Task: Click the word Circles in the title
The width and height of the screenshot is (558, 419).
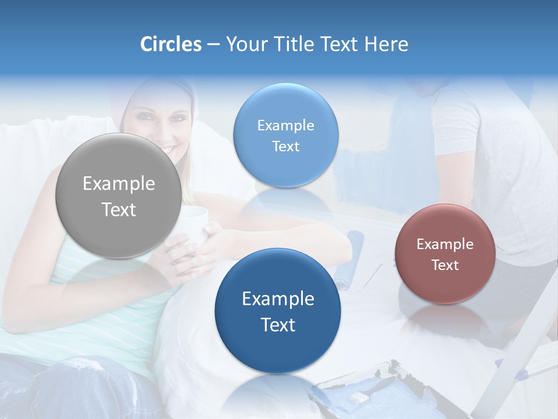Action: point(170,44)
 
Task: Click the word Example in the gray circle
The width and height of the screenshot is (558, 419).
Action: point(119,184)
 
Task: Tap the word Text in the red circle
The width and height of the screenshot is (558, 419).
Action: point(445,265)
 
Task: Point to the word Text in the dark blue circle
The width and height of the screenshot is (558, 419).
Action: point(278,325)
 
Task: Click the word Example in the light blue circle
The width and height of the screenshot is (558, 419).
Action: point(285,126)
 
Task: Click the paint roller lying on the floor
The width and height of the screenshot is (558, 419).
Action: point(352,256)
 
